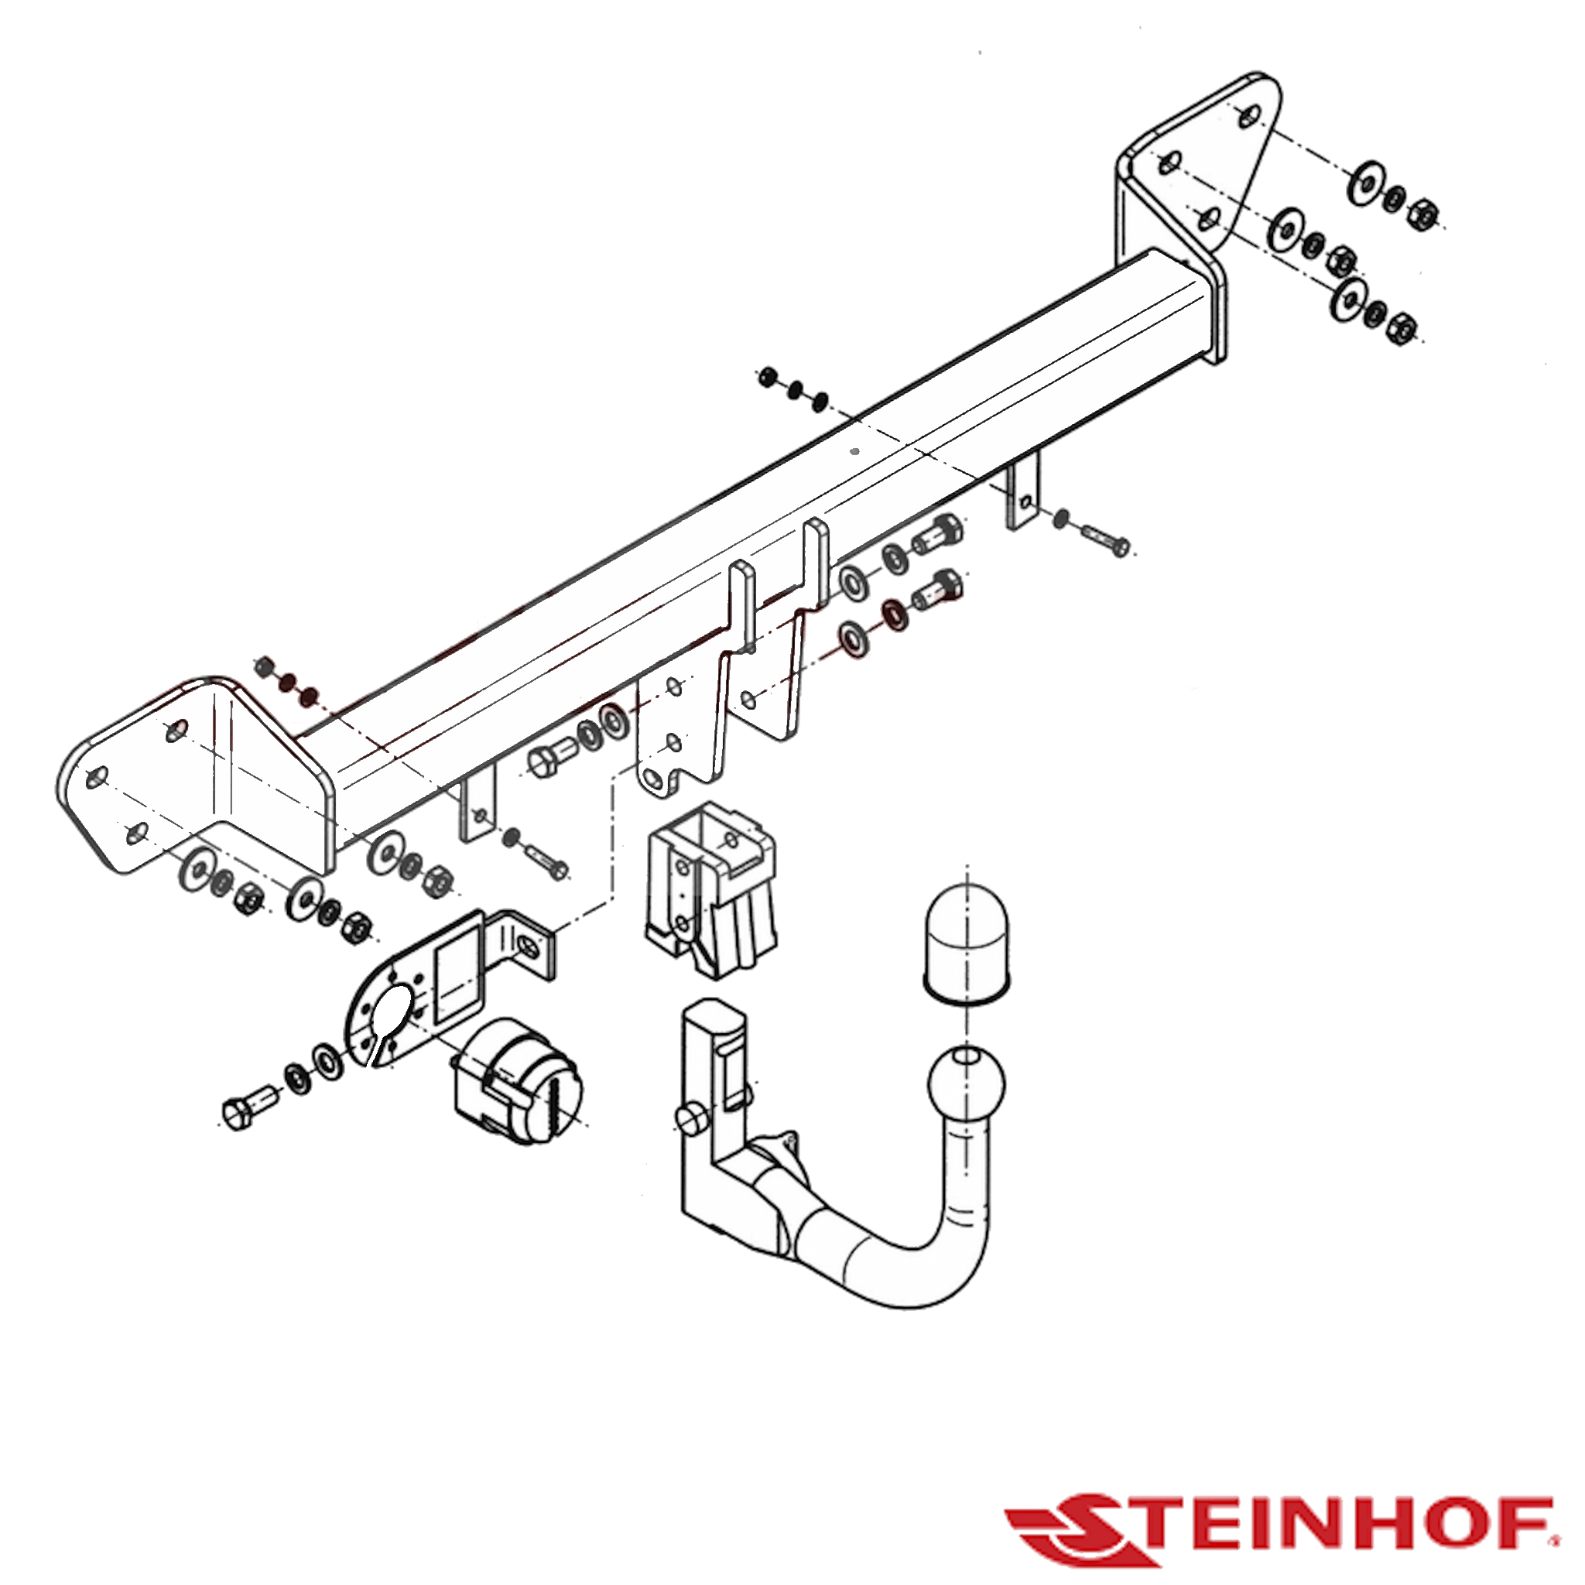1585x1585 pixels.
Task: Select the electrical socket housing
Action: click(520, 1082)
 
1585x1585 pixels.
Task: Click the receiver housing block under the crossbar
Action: click(711, 889)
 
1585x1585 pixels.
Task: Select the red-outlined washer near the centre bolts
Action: click(893, 614)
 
